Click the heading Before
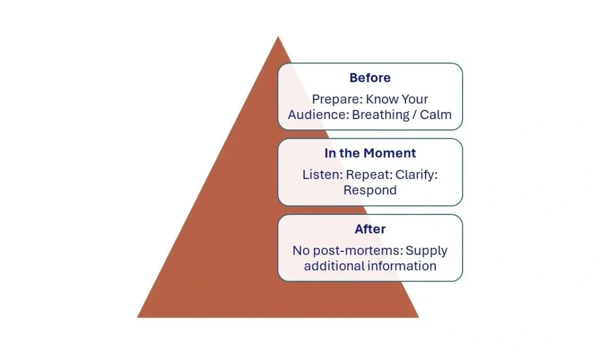(370, 77)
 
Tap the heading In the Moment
(370, 153)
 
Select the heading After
(370, 229)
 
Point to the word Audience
(318, 115)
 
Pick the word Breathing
(381, 115)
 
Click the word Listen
(322, 175)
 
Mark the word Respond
(370, 190)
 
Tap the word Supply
(426, 250)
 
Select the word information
(402, 266)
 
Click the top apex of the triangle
(278, 37)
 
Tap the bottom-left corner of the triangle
(138, 317)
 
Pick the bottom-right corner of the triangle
(418, 317)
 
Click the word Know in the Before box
(382, 99)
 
